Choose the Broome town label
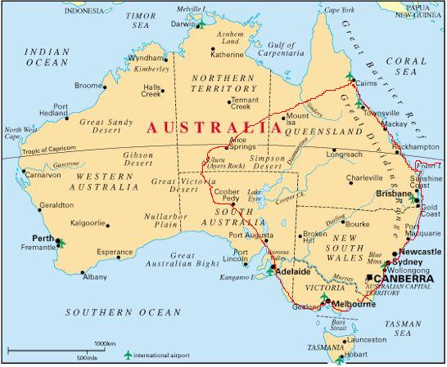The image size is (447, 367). pos(89,85)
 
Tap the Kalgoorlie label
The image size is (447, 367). pos(88,222)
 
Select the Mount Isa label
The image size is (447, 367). pos(297,121)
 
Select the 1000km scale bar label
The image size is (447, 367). pos(104,343)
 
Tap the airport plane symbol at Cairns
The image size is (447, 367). pos(350,77)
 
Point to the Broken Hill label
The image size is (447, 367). pos(314,238)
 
